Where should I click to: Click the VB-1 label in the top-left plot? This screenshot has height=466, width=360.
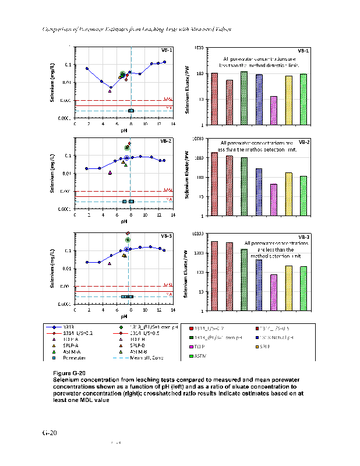[166, 51]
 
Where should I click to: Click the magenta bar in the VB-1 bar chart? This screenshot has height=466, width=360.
[274, 110]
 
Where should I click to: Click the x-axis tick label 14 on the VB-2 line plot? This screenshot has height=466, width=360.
[173, 215]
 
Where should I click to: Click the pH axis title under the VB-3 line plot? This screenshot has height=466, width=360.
[124, 316]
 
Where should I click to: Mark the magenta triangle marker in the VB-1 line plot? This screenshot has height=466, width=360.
[110, 91]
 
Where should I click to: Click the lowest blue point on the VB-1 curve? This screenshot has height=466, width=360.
[111, 87]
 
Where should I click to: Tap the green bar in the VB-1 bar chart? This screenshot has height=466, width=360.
[244, 98]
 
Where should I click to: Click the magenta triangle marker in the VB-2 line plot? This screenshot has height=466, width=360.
[110, 172]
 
